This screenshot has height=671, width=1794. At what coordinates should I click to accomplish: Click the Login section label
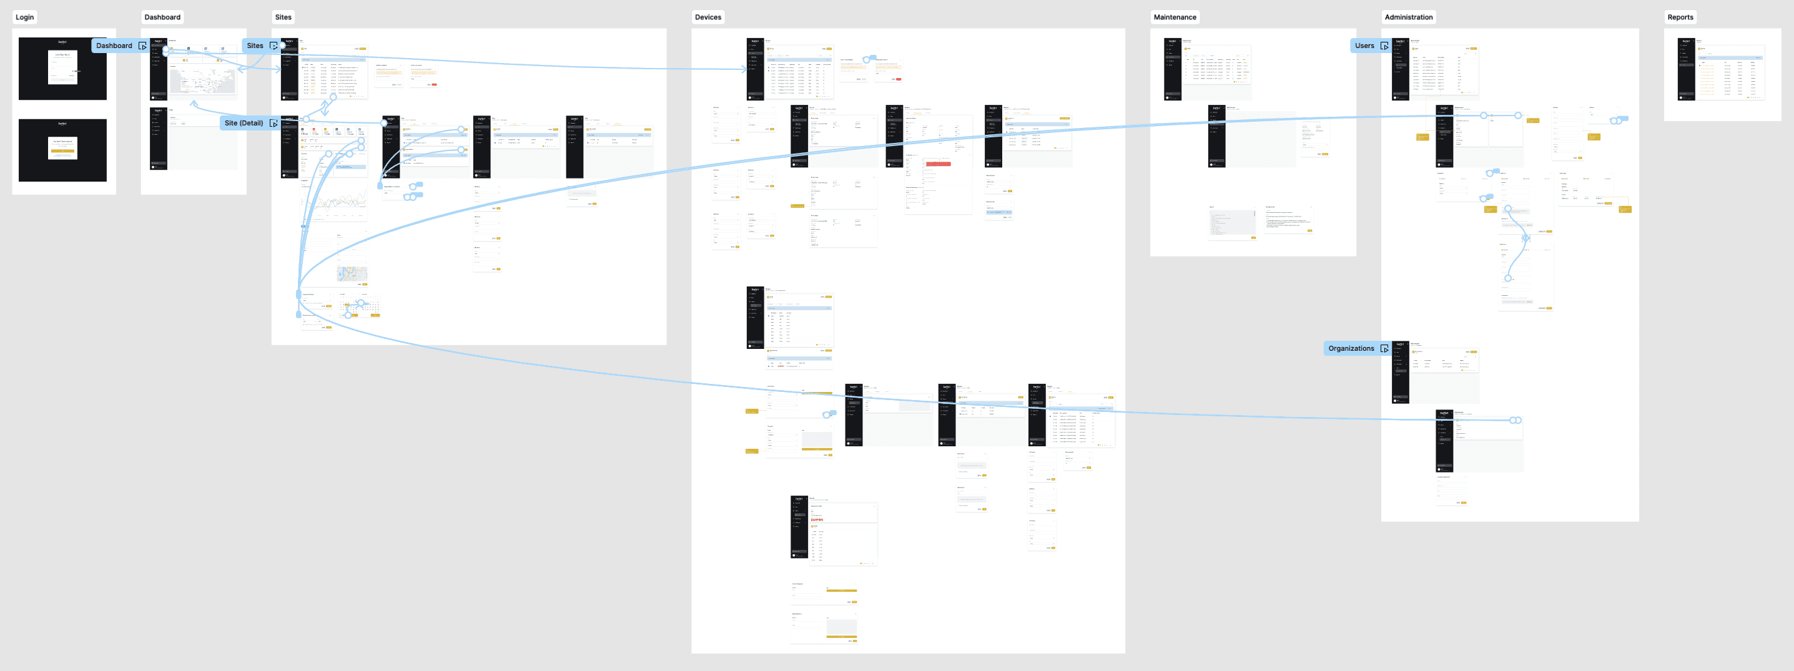pos(24,17)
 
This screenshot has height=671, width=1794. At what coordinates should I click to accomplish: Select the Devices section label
pos(707,17)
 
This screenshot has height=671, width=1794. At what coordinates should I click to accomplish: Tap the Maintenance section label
pos(1175,17)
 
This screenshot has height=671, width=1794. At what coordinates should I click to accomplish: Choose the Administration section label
pos(1408,17)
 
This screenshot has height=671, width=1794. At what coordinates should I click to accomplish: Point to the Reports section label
pos(1680,17)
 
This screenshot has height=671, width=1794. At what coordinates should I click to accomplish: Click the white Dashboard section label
pos(162,17)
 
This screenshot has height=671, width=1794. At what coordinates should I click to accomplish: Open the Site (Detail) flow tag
pos(244,123)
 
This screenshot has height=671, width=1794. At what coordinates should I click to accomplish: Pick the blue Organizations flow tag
pos(1351,349)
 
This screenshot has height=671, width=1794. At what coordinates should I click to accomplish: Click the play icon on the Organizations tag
pos(1384,349)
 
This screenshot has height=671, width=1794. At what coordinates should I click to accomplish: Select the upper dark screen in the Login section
pos(62,69)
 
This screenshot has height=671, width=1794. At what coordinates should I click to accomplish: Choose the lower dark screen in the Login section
pos(62,150)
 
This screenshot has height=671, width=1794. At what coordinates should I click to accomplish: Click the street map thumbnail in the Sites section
pos(352,273)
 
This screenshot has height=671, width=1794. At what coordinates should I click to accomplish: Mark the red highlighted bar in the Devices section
pos(938,164)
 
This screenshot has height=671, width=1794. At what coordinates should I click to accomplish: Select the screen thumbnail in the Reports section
pos(1722,70)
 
